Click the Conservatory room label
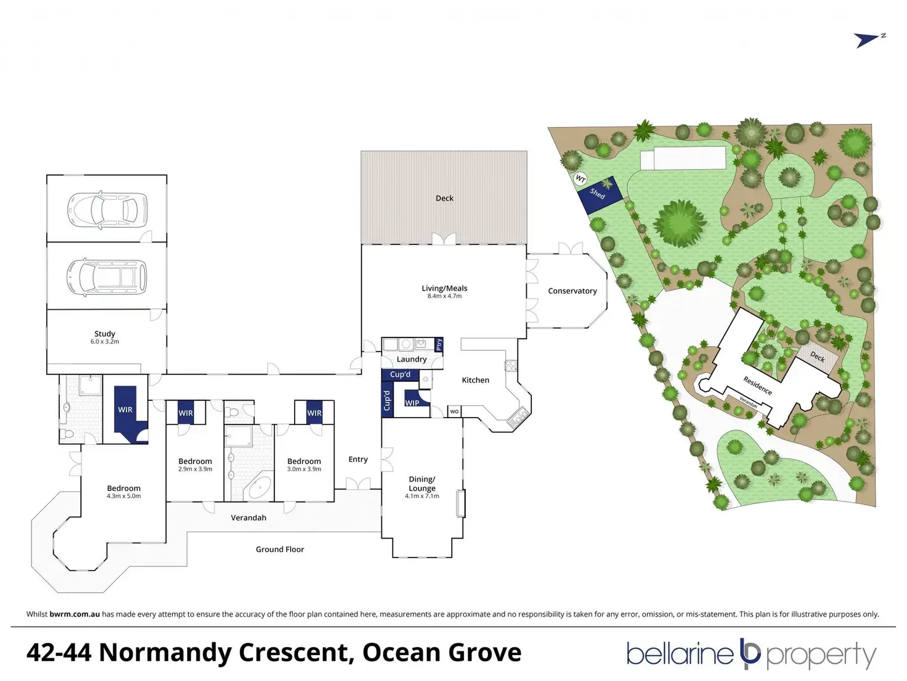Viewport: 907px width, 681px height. (x=572, y=291)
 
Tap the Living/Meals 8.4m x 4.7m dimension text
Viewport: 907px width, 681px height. (x=444, y=297)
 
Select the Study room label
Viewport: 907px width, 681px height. (x=105, y=334)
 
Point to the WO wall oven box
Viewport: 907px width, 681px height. (x=454, y=411)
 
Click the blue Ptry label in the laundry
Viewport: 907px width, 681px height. (x=439, y=344)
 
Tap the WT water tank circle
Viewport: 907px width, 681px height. (x=580, y=179)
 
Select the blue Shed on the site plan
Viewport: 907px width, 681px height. (x=599, y=195)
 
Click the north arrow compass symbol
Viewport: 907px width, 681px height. (x=869, y=40)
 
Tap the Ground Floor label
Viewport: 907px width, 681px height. (x=280, y=550)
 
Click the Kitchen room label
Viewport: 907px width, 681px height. (x=476, y=380)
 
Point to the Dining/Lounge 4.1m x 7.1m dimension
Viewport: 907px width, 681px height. (x=422, y=496)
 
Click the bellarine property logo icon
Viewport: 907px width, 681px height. (x=750, y=654)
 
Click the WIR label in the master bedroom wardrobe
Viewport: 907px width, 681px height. (x=125, y=410)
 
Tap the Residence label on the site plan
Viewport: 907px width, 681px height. (x=757, y=386)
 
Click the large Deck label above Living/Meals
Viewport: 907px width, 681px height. (x=444, y=198)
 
